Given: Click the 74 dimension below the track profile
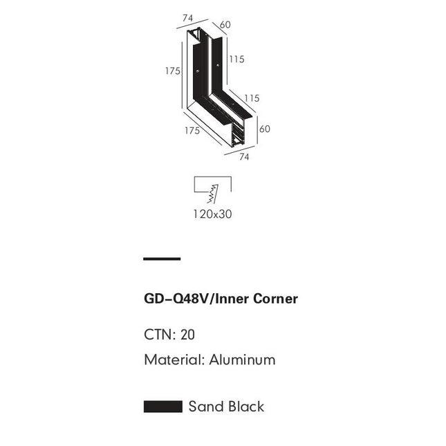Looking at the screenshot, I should click(244, 156).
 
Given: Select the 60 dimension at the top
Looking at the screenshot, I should click(225, 26).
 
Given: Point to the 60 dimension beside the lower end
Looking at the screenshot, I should click(264, 128).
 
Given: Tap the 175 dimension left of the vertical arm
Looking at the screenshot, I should click(173, 71).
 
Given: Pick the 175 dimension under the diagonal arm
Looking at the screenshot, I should click(192, 130).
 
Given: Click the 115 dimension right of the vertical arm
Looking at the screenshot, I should click(236, 59).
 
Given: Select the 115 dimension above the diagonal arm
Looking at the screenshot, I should click(252, 98).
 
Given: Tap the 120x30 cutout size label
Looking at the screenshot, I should click(212, 214).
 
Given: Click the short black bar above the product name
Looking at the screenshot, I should click(162, 259).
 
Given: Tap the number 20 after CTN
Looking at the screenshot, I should click(187, 335).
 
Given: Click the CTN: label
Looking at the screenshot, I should click(160, 335).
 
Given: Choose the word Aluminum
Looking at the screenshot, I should click(239, 360).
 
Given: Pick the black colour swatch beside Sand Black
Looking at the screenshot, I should click(162, 407).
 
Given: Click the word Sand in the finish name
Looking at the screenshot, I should click(205, 407).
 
